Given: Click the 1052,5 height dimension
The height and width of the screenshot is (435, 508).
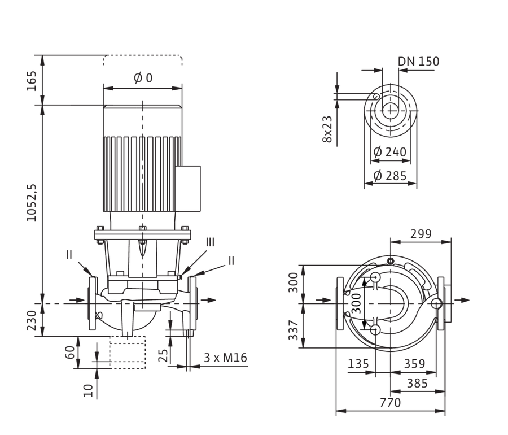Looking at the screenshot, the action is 32,203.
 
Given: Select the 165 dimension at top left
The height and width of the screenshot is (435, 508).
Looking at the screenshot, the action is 32,81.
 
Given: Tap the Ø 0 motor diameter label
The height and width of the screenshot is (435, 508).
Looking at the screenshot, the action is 143,78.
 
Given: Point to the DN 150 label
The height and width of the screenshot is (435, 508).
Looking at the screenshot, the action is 419,61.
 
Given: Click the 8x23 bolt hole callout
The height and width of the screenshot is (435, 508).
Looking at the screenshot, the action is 327,129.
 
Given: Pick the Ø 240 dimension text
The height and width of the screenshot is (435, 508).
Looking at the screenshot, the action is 389,152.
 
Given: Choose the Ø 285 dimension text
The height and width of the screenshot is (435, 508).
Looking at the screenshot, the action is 389,176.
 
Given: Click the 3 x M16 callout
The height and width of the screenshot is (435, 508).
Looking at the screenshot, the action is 225,358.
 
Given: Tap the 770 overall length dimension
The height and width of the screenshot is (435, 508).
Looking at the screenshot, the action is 391,403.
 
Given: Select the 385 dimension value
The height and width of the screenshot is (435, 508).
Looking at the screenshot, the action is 417,384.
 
